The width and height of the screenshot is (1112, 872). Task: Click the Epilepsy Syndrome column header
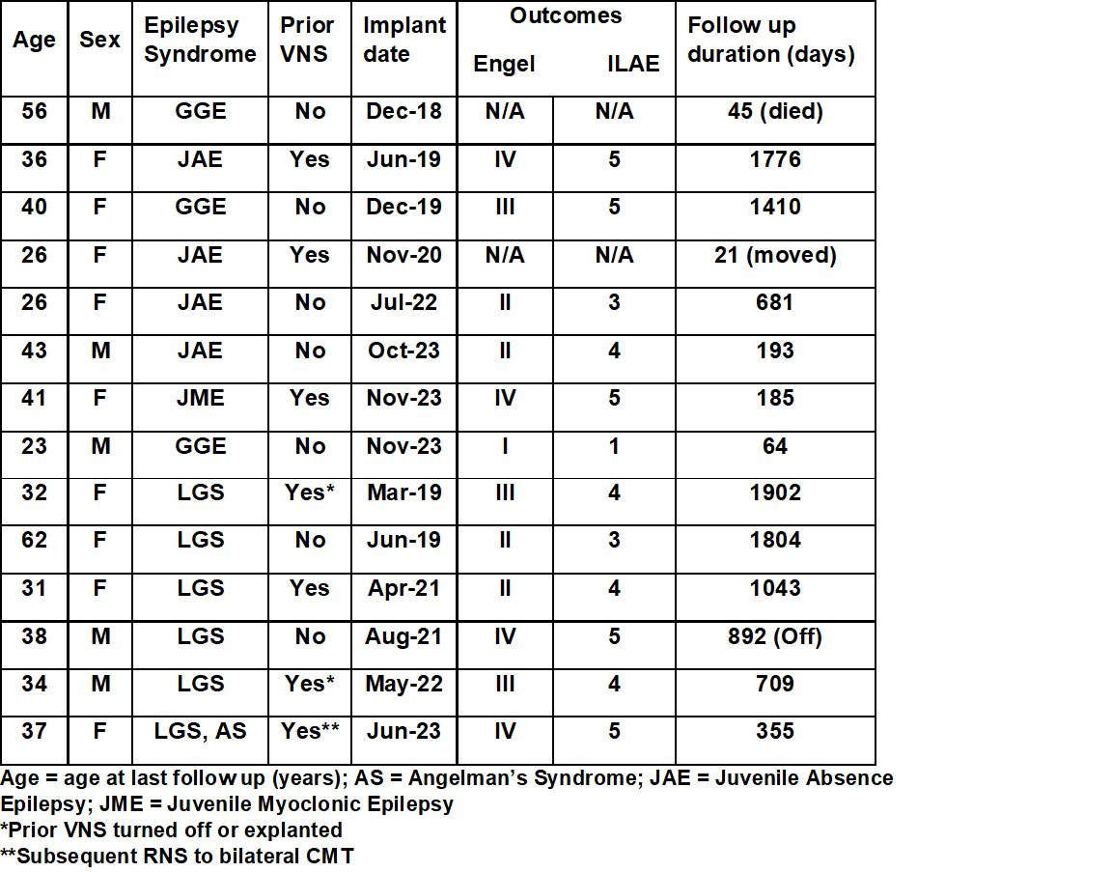click(x=200, y=40)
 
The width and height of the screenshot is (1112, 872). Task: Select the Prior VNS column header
click(x=309, y=40)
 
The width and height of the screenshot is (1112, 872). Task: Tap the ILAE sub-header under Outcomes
click(x=633, y=64)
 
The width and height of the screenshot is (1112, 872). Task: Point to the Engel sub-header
click(x=504, y=64)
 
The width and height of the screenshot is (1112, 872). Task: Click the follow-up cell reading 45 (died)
click(x=775, y=112)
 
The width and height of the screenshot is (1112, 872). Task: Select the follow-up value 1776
click(x=775, y=159)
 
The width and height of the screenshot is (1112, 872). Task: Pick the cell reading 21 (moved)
click(x=775, y=255)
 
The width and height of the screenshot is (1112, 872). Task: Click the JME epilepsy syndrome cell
click(x=200, y=398)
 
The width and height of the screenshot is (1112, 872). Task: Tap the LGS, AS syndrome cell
click(x=200, y=731)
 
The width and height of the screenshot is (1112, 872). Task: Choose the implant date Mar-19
click(x=403, y=492)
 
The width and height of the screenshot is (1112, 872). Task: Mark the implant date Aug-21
click(x=403, y=636)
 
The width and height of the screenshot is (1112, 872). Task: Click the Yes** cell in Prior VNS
click(x=309, y=731)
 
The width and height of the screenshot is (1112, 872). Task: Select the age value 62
click(x=34, y=540)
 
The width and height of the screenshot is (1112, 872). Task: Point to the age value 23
click(x=34, y=446)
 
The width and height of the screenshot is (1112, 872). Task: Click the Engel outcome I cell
click(x=504, y=446)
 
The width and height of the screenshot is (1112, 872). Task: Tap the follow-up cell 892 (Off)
click(x=775, y=636)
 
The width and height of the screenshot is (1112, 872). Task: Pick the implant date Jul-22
click(x=403, y=302)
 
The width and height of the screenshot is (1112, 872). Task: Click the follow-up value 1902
click(x=775, y=492)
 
